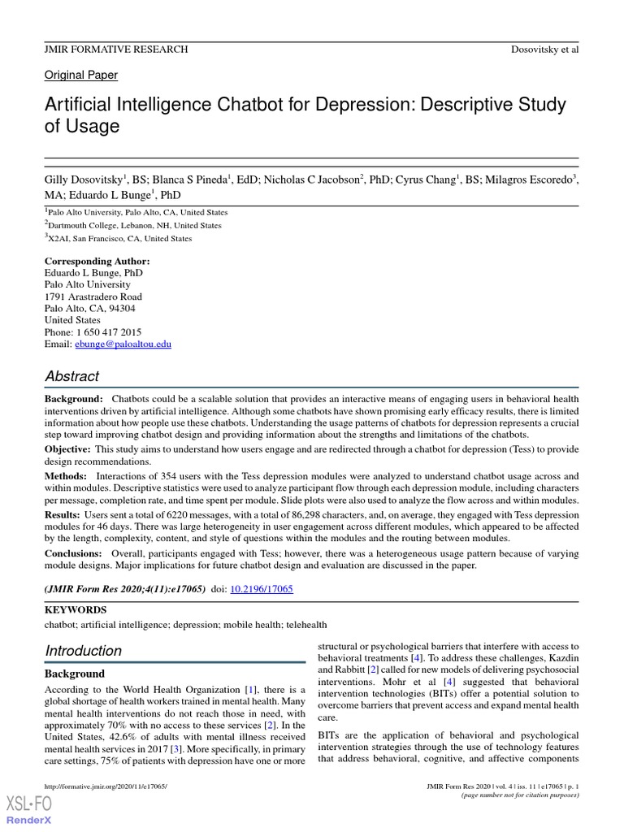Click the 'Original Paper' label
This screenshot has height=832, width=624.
[80, 75]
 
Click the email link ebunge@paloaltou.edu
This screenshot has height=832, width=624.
[123, 344]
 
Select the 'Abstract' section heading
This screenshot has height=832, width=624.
[72, 376]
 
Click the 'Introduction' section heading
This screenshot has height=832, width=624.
[84, 651]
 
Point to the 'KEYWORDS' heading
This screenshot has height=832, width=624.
[76, 609]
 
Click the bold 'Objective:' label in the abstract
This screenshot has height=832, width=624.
[68, 448]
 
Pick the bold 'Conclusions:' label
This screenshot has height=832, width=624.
[73, 553]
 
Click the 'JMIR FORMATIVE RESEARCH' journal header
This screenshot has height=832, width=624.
[116, 50]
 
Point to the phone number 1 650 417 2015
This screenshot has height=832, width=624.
[109, 332]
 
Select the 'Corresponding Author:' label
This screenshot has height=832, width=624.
[97, 261]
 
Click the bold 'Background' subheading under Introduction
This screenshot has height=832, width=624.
[75, 674]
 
